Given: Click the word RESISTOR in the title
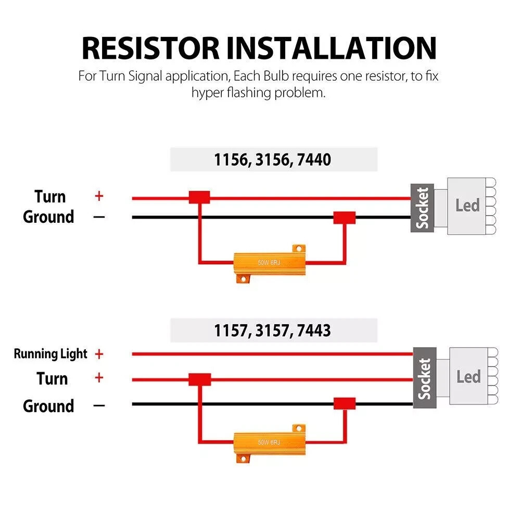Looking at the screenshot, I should (x=151, y=48).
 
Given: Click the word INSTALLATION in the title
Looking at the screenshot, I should (x=332, y=48).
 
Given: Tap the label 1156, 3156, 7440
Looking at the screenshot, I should (x=273, y=159).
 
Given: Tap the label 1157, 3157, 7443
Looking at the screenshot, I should (x=273, y=330).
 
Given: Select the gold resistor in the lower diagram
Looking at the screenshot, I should (x=269, y=442).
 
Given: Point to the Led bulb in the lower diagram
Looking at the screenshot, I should (x=468, y=376).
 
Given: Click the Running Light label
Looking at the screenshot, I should (x=50, y=354).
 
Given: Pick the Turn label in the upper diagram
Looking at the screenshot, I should (x=50, y=197).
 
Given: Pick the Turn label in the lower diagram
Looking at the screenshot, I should (x=52, y=378).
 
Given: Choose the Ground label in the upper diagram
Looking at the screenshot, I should (x=48, y=217).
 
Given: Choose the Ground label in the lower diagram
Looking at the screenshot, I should (x=48, y=405).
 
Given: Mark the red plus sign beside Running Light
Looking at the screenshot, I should (x=99, y=354).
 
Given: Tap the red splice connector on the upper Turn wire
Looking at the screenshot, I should (x=199, y=197).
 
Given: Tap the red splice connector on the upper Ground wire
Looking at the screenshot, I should (x=344, y=217).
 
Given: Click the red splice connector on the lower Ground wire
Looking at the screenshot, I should (x=344, y=403).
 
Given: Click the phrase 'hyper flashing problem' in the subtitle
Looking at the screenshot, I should (x=258, y=94).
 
